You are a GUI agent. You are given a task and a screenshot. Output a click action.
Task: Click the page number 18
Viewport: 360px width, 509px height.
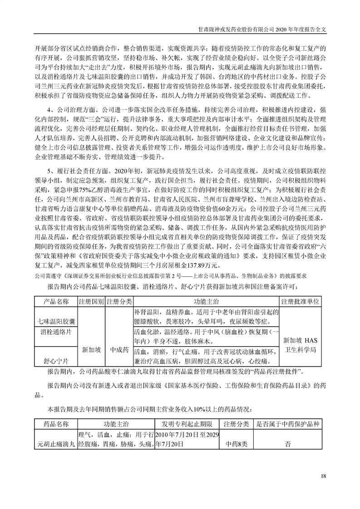[x=323, y=476]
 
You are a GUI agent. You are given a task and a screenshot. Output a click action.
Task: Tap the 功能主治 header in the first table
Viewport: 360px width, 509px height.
[x=206, y=302]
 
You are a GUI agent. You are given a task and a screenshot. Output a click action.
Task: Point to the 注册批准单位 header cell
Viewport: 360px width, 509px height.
[x=301, y=302]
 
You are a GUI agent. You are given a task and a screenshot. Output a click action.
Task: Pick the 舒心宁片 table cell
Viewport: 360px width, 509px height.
[x=56, y=362]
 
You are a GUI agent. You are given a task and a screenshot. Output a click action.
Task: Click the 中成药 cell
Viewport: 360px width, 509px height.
[x=119, y=350]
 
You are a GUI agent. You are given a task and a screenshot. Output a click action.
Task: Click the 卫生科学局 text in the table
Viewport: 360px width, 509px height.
[x=301, y=350]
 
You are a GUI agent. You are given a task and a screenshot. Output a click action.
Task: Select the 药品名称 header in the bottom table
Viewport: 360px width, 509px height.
[x=55, y=424]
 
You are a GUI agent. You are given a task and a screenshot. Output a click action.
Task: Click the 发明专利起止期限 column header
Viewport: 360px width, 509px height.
[x=187, y=424]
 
